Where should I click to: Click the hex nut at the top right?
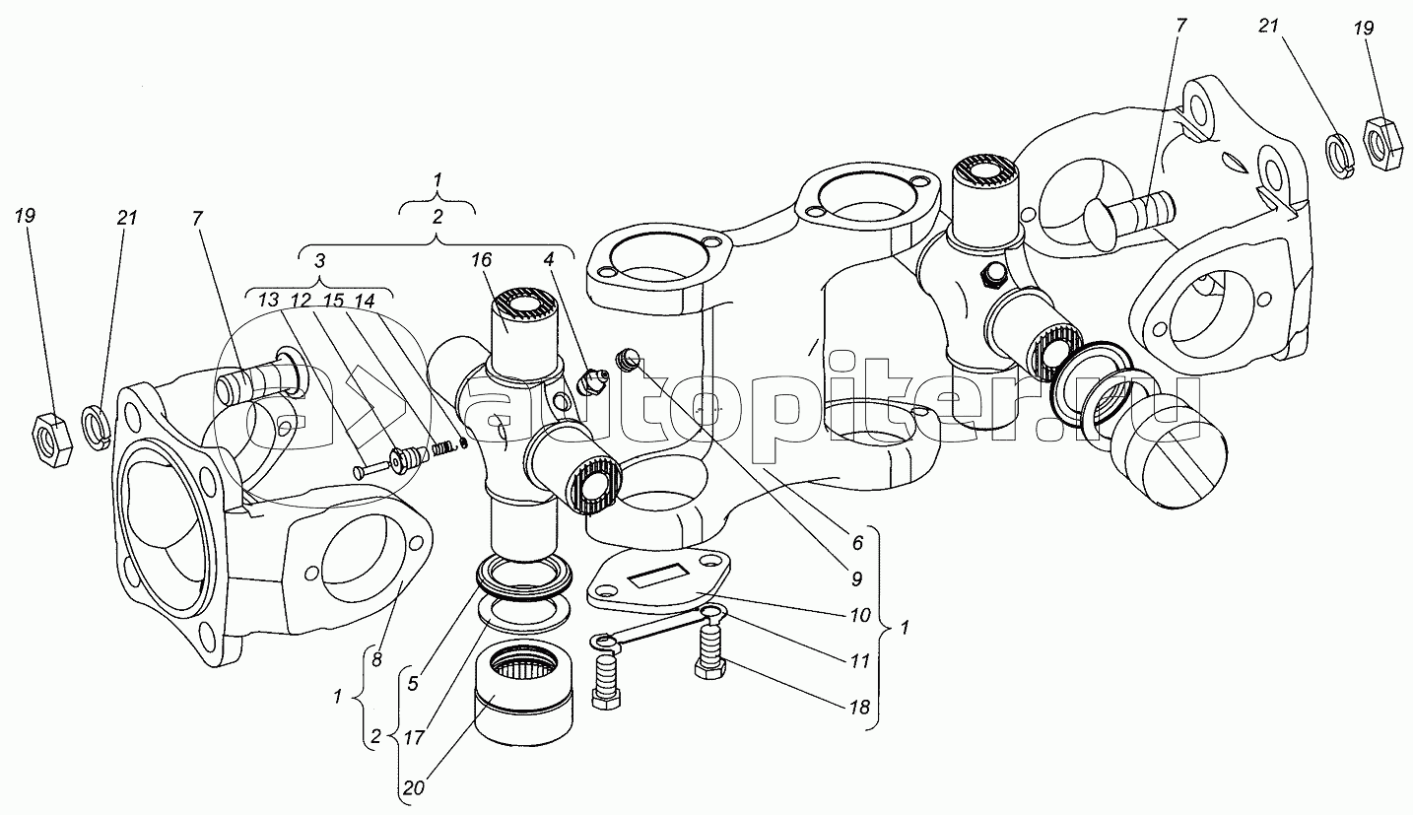[1386, 137]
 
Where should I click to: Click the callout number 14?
[365, 300]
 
